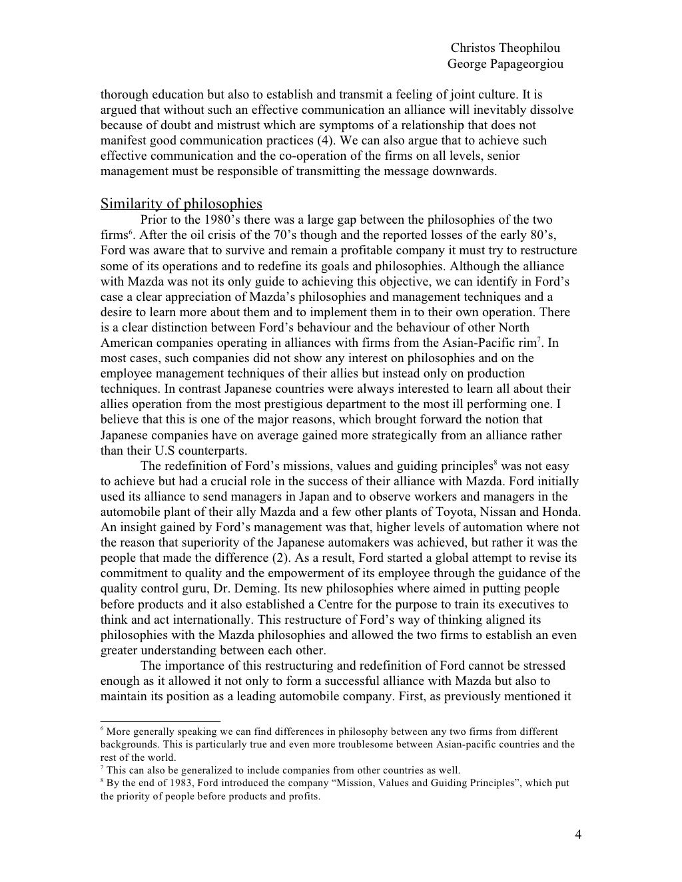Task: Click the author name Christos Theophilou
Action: coord(505,48)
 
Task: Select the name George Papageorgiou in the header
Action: coord(505,64)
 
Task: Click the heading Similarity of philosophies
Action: coord(181,204)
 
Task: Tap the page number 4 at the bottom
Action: coord(577,835)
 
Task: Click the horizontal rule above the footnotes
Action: coord(160,720)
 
